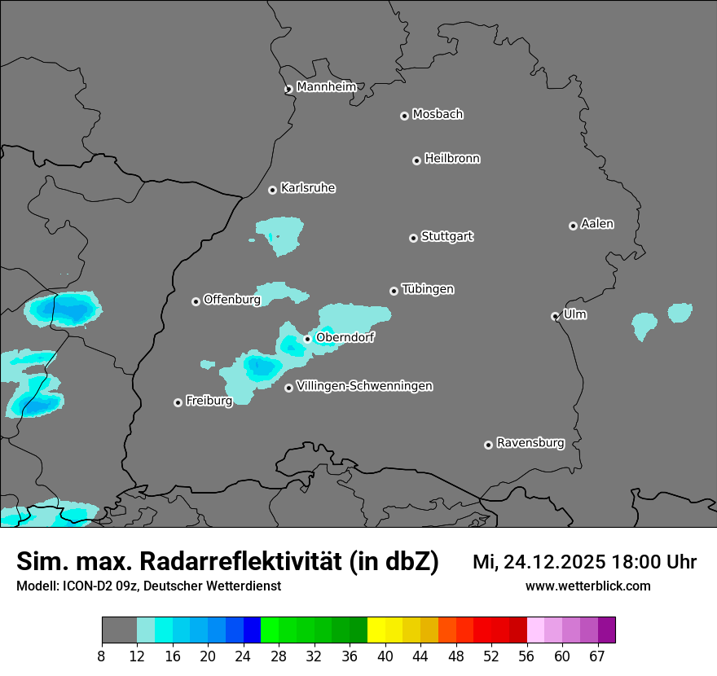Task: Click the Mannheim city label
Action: point(326,86)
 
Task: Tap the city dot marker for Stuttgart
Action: point(413,238)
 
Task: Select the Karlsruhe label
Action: point(308,188)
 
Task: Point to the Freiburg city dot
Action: point(178,402)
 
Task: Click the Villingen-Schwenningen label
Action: point(364,386)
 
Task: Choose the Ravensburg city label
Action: point(530,443)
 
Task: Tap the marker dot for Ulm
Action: point(555,316)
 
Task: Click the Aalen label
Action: point(597,224)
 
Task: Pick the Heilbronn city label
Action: point(452,159)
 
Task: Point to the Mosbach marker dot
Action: point(404,116)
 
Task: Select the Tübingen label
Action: point(428,289)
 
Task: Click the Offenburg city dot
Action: point(196,301)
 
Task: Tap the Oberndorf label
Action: point(345,337)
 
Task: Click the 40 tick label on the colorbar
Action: point(385,656)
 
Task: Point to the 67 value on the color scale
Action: point(597,656)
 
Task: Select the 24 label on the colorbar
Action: point(243,656)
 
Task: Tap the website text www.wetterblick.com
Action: point(587,586)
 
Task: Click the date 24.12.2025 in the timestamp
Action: point(553,561)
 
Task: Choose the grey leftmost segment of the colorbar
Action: point(119,630)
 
